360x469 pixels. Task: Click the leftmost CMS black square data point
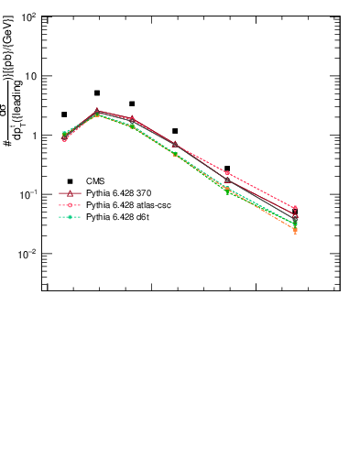coord(64,115)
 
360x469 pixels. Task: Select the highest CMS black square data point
coord(97,93)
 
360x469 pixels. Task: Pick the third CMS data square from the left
coord(132,104)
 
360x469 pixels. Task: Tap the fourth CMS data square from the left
coord(175,131)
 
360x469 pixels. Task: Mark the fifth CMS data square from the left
coord(227,169)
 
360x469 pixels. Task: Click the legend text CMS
coord(94,181)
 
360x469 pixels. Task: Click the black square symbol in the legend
coord(70,181)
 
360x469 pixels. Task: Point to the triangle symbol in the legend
coord(70,193)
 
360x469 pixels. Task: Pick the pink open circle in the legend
coord(70,205)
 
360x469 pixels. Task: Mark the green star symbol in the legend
coord(70,217)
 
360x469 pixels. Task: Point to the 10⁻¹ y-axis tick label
coord(29,195)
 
